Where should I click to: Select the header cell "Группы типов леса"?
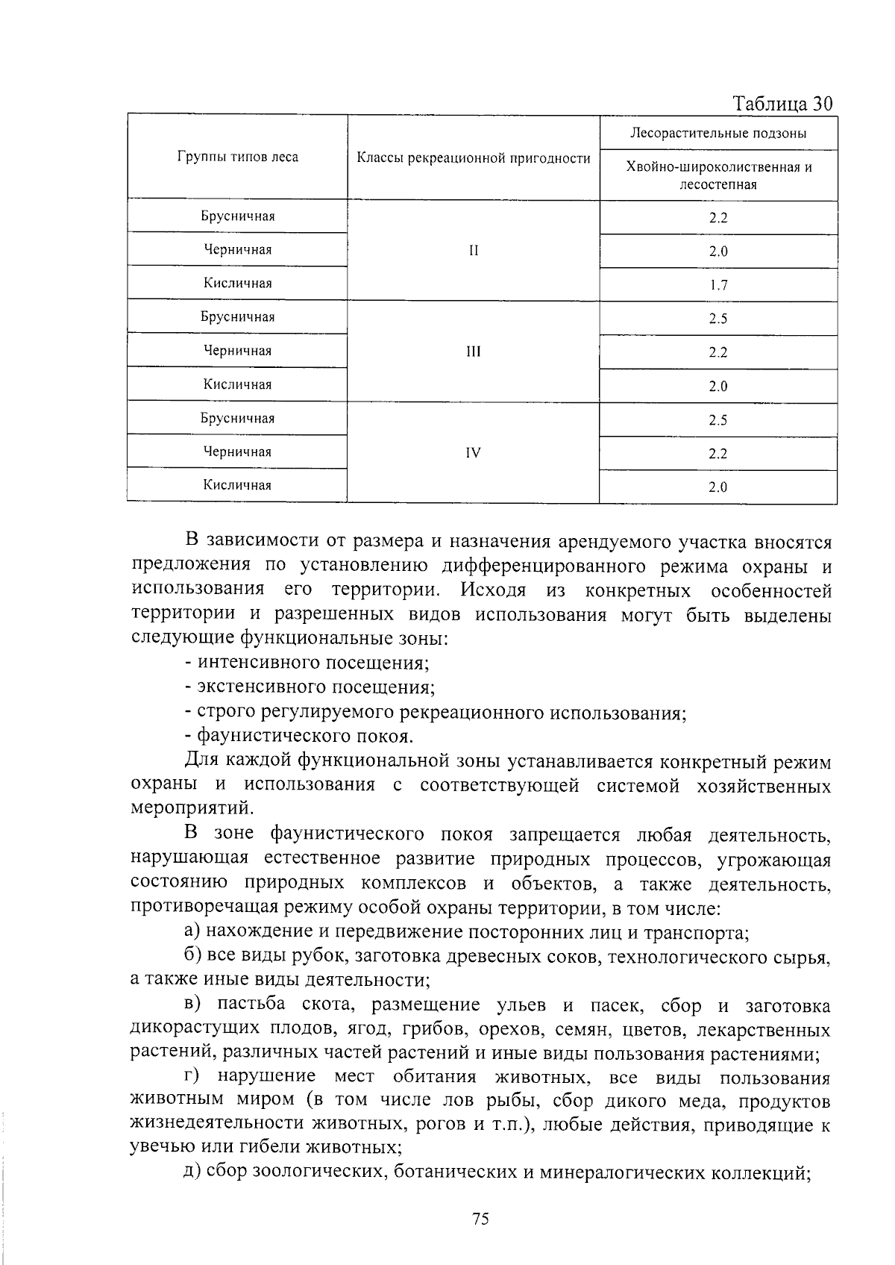coord(237,157)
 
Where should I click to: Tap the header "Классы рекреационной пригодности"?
coord(473,158)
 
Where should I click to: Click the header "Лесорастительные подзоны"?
coord(717,134)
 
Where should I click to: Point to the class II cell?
coord(473,251)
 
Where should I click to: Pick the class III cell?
coord(473,352)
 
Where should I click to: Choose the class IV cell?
coord(473,452)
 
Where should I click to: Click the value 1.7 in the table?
coord(717,285)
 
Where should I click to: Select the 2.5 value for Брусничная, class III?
coord(717,319)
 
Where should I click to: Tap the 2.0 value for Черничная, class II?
coord(717,252)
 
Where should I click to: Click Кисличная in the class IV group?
coord(237,485)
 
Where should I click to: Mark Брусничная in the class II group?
coord(237,216)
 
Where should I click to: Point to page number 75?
coord(480,1219)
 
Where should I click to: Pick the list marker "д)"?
coord(192,1172)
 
